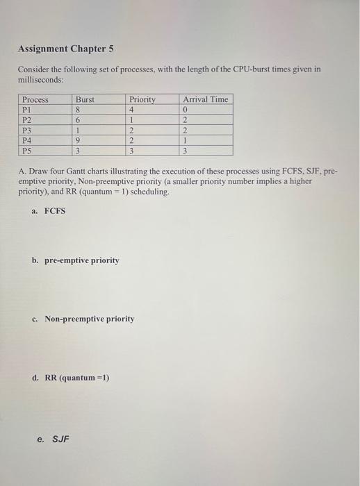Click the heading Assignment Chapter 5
click(65, 49)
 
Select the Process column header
click(35, 99)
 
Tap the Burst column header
click(85, 99)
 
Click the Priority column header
click(142, 99)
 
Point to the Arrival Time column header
click(205, 99)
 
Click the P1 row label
click(28, 109)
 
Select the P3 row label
click(28, 129)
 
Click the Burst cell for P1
click(79, 109)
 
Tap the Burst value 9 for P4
click(79, 140)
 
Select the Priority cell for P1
click(131, 109)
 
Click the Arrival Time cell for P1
click(185, 109)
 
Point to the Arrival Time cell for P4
click(185, 140)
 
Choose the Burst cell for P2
click(79, 119)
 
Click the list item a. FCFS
click(49, 210)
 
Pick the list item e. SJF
click(53, 438)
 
